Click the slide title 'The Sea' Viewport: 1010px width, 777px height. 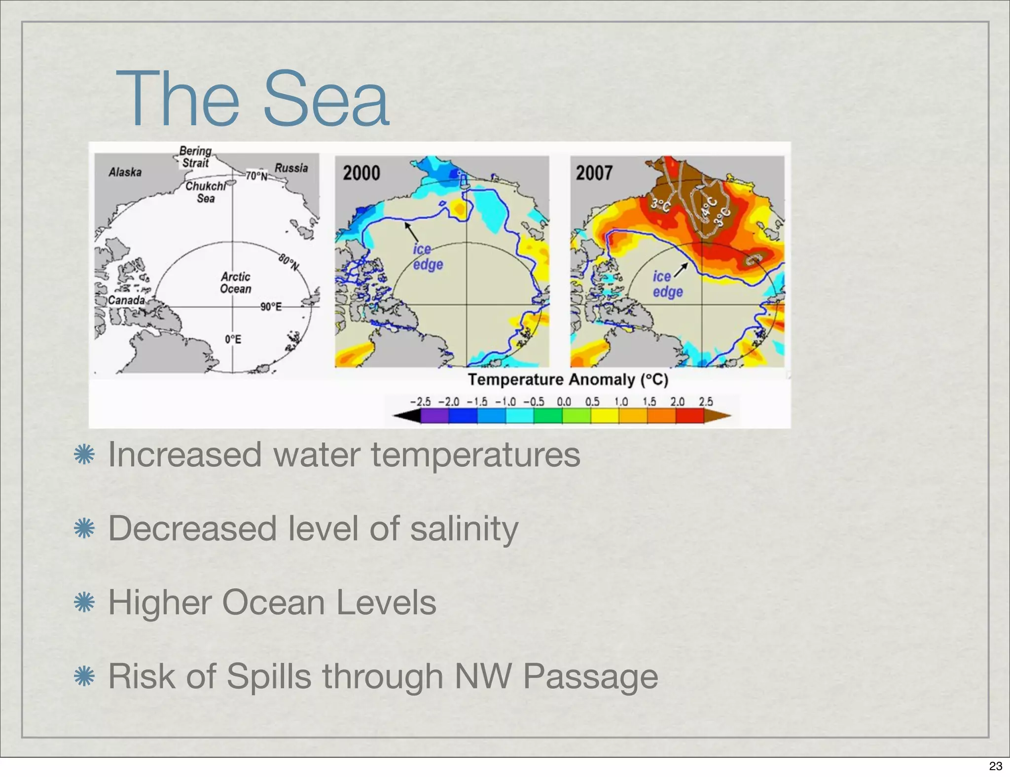click(x=252, y=99)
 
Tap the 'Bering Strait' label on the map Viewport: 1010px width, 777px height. click(x=195, y=157)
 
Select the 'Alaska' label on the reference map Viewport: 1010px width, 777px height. click(x=125, y=172)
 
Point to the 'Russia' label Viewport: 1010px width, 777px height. click(x=291, y=168)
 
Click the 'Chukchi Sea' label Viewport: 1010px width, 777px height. click(x=206, y=192)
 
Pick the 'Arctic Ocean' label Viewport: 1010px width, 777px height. click(x=235, y=283)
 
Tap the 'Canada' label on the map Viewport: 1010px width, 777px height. click(x=126, y=300)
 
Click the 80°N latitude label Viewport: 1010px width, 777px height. click(x=289, y=262)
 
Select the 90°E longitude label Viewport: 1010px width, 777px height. click(x=271, y=307)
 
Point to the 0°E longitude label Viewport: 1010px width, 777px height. click(x=233, y=339)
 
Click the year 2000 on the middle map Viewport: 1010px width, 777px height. click(x=361, y=173)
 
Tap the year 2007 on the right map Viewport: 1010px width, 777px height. click(x=594, y=173)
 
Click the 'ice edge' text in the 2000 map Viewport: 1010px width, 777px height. click(x=428, y=257)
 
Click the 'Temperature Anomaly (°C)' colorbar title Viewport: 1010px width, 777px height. click(x=568, y=380)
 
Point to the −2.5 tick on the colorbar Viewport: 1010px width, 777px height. click(x=420, y=402)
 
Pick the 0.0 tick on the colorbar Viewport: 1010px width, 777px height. click(x=564, y=402)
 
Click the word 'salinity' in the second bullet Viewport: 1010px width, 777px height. click(x=464, y=528)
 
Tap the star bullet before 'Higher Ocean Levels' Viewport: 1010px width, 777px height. click(x=84, y=602)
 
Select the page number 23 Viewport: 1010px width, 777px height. click(x=995, y=766)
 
